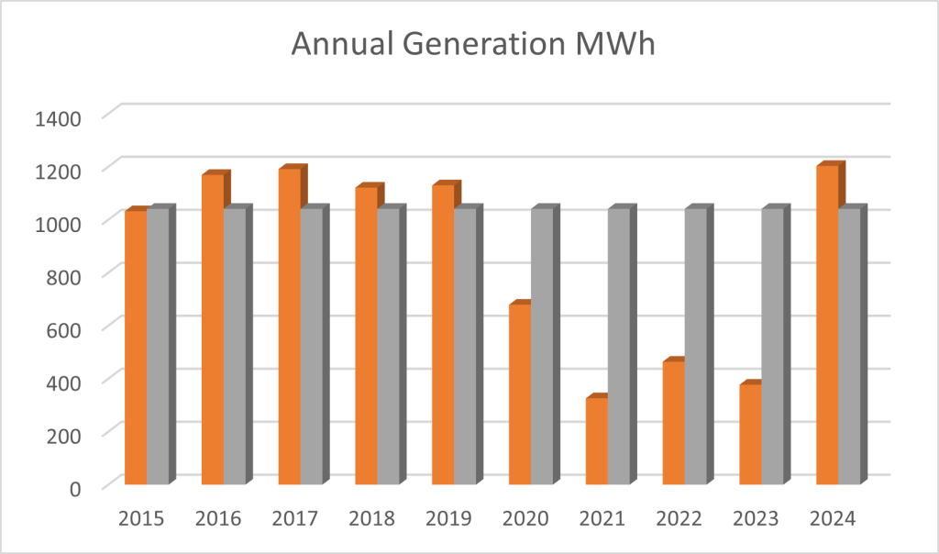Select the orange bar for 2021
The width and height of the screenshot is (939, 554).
coord(597,440)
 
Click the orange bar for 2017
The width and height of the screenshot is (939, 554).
coord(290,326)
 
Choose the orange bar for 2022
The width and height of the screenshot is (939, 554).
coord(674,422)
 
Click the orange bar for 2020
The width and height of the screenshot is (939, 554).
coord(520,393)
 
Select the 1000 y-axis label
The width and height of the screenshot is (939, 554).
coord(60,223)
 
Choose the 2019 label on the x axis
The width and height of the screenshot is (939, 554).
coord(449,519)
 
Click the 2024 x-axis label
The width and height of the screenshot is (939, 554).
coord(834,519)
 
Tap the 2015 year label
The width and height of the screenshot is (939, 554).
coord(141,519)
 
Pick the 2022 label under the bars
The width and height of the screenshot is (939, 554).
coord(679,519)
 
